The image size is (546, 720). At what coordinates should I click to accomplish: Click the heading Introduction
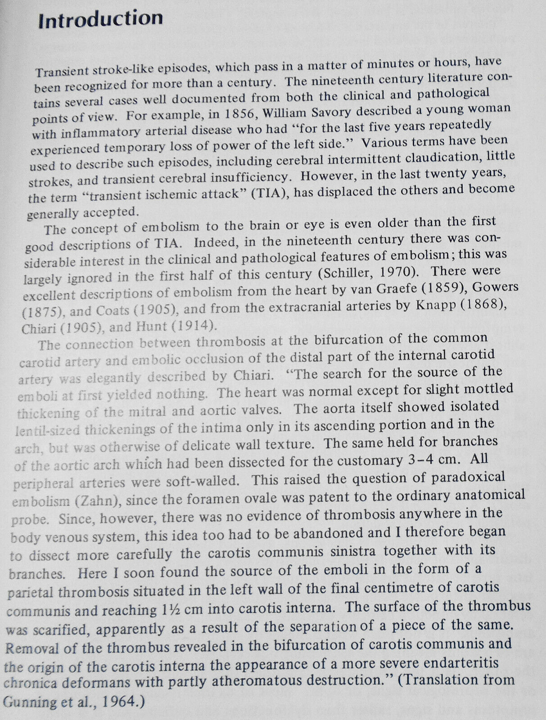click(x=100, y=19)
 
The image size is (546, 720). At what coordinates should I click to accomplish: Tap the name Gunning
click(x=30, y=702)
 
